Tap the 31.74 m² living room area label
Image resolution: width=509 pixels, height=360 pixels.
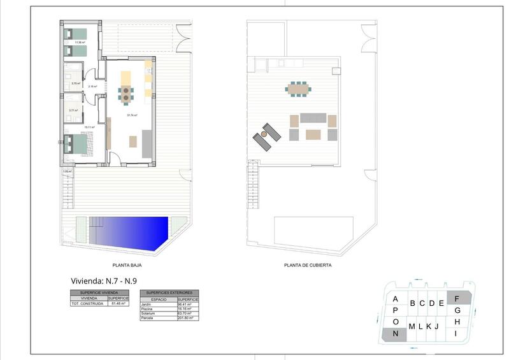[133, 115]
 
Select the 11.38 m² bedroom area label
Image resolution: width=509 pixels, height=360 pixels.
[80, 43]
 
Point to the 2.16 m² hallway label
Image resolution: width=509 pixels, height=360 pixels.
[92, 86]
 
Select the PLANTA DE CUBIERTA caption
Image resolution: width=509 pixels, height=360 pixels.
[308, 266]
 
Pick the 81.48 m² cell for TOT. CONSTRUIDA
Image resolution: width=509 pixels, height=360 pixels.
[118, 304]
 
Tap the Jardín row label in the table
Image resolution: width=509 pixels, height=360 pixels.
[147, 305]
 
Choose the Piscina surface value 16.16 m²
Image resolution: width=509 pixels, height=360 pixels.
[187, 309]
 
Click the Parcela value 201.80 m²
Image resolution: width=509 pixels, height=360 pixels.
[187, 318]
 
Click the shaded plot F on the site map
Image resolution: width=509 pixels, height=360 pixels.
[457, 297]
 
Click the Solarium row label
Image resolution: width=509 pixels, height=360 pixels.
[148, 313]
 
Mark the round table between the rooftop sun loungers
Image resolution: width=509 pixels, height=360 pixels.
[263, 134]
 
